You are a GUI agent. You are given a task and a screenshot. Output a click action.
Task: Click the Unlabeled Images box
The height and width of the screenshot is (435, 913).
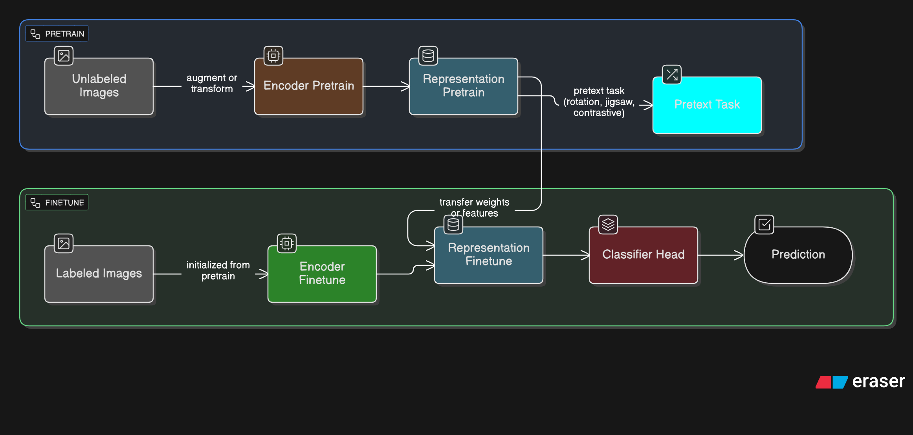[x=99, y=86]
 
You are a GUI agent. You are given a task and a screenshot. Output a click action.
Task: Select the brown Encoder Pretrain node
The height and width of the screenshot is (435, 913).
[x=309, y=86]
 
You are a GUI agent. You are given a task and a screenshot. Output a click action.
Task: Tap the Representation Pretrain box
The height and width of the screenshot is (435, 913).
[x=464, y=86]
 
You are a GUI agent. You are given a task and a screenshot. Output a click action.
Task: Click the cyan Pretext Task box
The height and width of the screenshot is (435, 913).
[x=707, y=105]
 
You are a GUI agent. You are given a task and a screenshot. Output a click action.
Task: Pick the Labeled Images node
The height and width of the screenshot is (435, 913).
[x=99, y=274]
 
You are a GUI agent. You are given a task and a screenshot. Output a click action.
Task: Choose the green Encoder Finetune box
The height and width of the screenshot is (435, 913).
[x=322, y=274]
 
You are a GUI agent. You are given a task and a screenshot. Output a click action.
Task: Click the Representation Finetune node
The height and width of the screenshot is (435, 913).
[x=489, y=255]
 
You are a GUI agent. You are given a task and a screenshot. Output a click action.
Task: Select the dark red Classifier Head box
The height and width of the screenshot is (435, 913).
[x=643, y=255]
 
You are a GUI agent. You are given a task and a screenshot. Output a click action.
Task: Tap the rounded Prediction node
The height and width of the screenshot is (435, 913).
[x=798, y=255]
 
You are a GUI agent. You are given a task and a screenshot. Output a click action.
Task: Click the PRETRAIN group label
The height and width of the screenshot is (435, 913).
[x=57, y=34]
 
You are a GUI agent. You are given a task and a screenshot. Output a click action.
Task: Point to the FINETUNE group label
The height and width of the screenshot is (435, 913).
[x=57, y=203]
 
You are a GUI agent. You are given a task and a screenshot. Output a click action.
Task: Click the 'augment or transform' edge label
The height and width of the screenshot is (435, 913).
[x=212, y=83]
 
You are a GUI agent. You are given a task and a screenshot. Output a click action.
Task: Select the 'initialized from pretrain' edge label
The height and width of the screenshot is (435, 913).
[x=218, y=271]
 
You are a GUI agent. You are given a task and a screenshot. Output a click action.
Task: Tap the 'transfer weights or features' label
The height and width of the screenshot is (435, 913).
[x=474, y=207]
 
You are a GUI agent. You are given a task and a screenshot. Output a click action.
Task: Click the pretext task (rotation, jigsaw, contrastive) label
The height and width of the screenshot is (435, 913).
[x=599, y=102]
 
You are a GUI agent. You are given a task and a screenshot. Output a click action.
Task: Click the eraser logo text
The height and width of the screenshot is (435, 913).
[x=878, y=381]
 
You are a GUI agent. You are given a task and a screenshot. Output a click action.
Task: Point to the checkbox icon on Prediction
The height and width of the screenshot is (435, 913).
[x=764, y=225]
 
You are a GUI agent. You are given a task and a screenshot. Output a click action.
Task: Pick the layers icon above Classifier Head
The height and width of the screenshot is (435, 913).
[x=608, y=225]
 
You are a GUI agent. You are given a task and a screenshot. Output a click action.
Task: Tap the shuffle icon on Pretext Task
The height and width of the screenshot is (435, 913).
[x=672, y=75]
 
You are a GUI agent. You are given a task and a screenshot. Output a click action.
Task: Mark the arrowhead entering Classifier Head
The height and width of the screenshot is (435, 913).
[x=586, y=255]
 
